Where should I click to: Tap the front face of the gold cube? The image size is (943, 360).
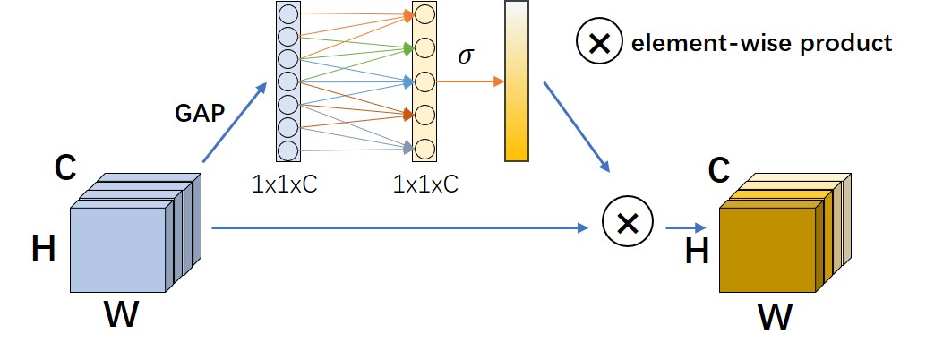pos(766,247)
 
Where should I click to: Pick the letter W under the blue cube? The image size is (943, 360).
pos(121,316)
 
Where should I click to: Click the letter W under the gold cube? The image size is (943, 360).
pos(776,316)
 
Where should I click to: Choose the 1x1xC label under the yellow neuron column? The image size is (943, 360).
pos(424,185)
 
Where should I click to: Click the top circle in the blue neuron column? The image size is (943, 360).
pos(287,16)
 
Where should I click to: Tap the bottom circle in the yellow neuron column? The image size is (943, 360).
pos(424,147)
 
